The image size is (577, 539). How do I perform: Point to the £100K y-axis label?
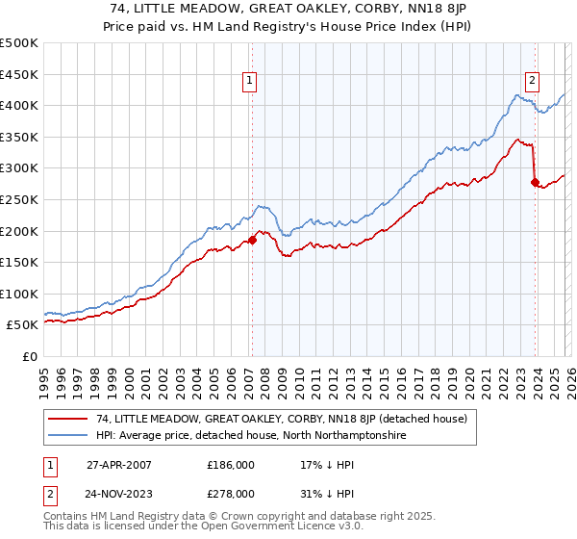19,294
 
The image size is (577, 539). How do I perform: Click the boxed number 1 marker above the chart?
249,82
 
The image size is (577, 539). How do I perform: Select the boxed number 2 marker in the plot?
532,82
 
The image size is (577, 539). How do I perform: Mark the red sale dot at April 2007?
253,240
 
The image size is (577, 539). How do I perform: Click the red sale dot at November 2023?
535,181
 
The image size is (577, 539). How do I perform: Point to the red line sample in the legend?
68,419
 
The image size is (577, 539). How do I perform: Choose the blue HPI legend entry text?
252,436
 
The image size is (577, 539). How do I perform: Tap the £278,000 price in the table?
231,493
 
